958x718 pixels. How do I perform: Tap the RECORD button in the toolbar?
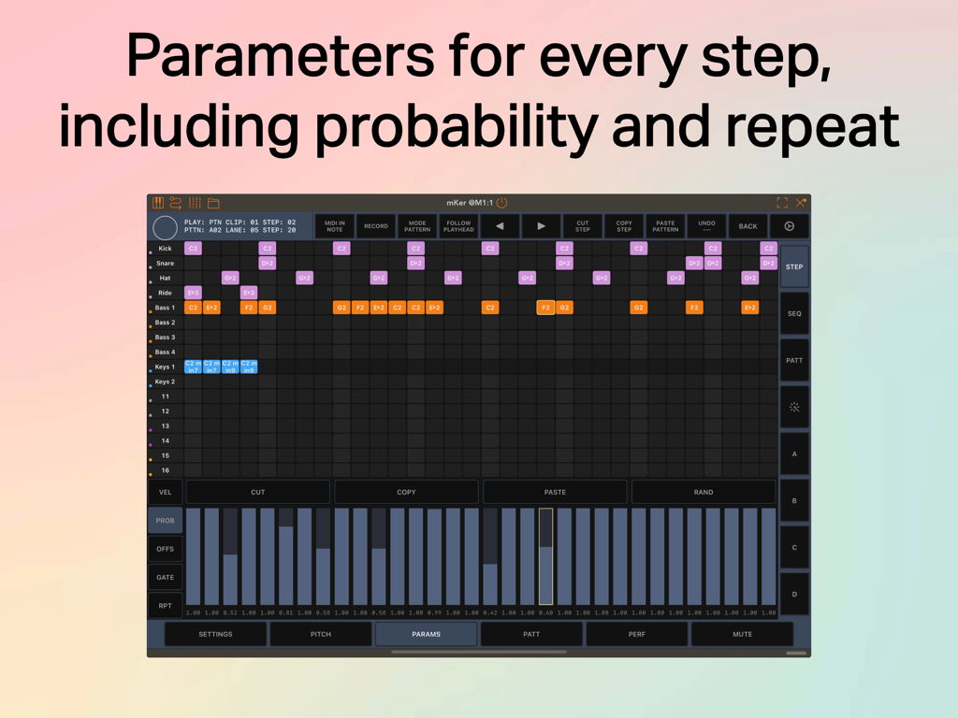point(376,226)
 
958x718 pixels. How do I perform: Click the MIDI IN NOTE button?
point(334,226)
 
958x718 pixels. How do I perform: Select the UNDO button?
point(706,226)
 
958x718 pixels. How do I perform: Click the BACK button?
point(748,226)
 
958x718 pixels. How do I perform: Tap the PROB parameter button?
point(166,521)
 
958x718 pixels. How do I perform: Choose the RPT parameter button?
point(166,606)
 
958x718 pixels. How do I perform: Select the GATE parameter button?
point(166,578)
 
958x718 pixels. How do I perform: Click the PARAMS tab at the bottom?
point(426,635)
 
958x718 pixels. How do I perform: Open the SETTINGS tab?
point(215,635)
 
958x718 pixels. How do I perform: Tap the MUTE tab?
point(742,635)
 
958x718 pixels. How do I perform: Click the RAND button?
point(704,492)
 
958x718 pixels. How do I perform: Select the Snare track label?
point(166,264)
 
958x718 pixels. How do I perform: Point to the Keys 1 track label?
point(166,367)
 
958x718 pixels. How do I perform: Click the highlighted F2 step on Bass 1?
point(545,308)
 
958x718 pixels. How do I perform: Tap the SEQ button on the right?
point(794,314)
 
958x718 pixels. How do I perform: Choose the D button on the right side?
point(794,595)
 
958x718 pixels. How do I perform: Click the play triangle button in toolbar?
point(541,226)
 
